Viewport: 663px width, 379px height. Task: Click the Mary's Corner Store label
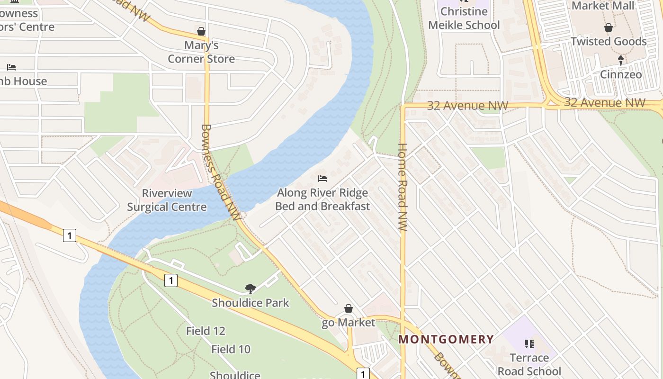pos(201,52)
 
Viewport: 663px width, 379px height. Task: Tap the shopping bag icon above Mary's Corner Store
pos(201,32)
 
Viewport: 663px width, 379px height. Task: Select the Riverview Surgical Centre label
pos(167,200)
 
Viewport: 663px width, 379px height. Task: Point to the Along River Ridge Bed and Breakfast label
pos(322,199)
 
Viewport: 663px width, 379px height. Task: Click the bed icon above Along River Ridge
pos(323,179)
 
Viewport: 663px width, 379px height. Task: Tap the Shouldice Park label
pos(250,303)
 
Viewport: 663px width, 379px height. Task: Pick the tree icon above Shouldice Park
pos(250,289)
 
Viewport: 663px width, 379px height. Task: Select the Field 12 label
pos(206,331)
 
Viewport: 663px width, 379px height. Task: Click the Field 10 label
pos(231,350)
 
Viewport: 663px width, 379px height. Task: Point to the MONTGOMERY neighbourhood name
pos(446,339)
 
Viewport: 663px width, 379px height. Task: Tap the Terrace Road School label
pos(529,364)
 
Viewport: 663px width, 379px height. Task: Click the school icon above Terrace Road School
pos(529,343)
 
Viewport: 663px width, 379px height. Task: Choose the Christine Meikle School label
pos(464,18)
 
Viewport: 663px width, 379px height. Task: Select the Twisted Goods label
pos(609,42)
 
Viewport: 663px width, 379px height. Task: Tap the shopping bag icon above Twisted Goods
pos(609,28)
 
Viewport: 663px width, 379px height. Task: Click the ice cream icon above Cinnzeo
pos(621,60)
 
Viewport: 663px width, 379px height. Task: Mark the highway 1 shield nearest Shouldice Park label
pos(170,280)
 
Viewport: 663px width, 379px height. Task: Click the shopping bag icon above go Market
pos(349,309)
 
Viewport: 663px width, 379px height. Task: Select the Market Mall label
pos(603,6)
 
